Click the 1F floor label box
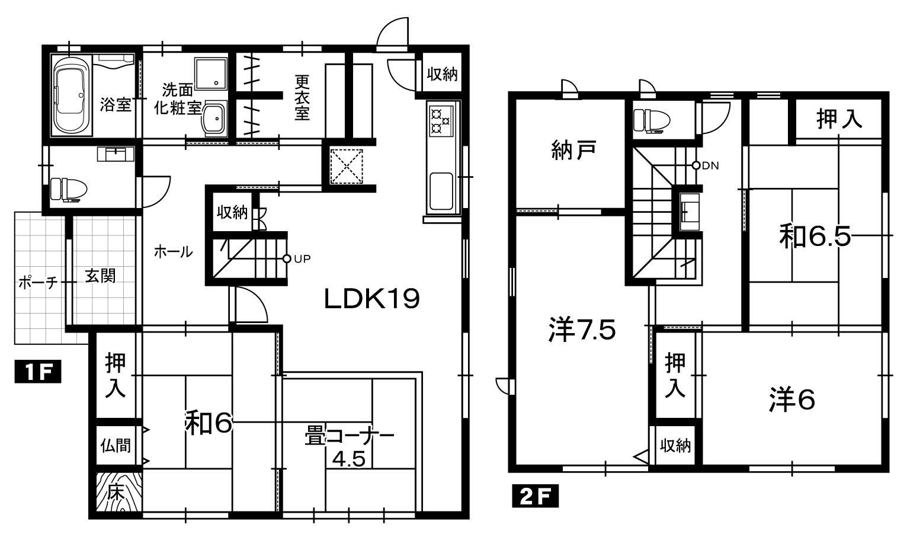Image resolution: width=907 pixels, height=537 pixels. pos(38,372)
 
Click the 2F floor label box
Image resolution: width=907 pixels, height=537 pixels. pos(536,496)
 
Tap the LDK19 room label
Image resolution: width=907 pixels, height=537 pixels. pos(371,299)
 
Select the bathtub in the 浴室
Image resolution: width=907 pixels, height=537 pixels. pos(72,95)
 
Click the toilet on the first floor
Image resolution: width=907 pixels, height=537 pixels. pos(69,189)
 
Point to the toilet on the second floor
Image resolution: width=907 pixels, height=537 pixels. pos(652,120)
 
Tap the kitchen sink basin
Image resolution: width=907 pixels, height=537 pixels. pos(441,191)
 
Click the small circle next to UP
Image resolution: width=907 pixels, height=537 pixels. pos(287,258)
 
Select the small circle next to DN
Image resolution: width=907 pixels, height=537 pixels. pos(696,165)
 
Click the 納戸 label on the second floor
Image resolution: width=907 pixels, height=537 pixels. pos(573,150)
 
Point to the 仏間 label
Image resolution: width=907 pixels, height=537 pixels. pos(116,445)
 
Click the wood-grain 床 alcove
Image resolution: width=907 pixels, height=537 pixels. pos(119,492)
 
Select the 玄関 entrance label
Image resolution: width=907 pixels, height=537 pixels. pos(100,276)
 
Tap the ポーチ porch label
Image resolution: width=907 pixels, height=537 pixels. pos(38,282)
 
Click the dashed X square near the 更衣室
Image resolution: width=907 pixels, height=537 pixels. pos(347,167)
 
